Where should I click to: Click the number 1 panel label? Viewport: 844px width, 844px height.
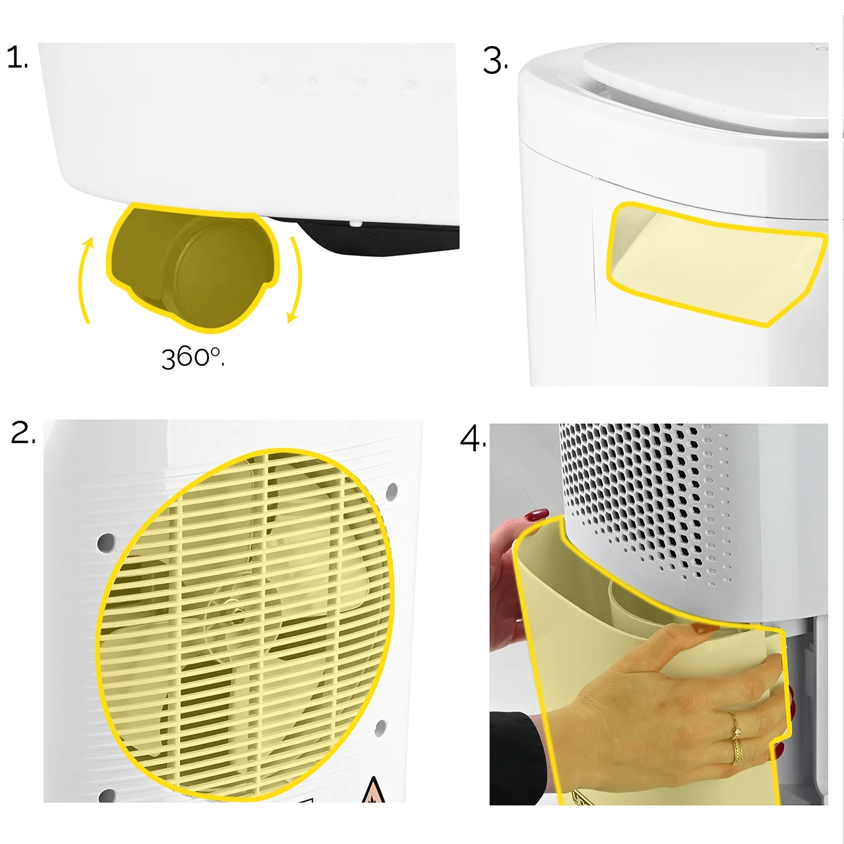[18, 58]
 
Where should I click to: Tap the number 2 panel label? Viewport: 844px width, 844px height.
[23, 433]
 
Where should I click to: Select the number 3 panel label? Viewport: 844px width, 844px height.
[495, 61]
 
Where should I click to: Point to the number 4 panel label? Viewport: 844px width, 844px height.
[473, 438]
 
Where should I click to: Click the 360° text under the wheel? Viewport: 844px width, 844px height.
[193, 358]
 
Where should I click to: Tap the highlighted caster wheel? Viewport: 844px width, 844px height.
[193, 266]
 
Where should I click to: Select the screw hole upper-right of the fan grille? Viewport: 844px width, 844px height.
[392, 491]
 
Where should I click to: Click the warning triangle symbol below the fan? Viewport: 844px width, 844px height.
[373, 789]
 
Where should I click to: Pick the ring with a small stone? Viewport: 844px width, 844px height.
[735, 725]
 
